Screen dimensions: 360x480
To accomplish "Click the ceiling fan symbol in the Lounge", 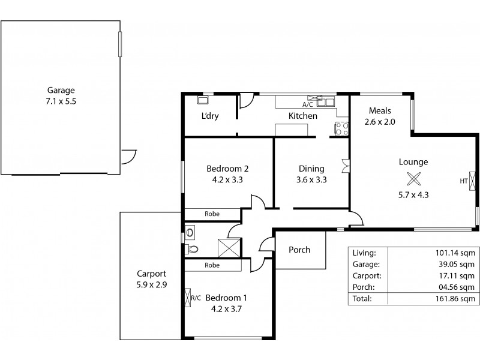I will [413, 178].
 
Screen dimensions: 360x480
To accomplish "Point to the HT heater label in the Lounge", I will [463, 181].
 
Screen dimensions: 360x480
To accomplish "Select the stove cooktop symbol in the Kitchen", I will [341, 127].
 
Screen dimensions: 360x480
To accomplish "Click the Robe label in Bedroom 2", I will [211, 213].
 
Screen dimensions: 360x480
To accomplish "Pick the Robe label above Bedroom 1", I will [211, 265].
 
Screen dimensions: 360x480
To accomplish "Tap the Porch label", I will [299, 250].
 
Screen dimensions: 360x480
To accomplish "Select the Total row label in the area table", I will [362, 298].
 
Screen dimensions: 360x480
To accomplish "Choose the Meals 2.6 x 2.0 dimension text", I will [380, 122].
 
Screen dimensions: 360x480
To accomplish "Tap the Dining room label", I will [311, 169].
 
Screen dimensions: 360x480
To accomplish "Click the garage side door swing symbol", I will [128, 156].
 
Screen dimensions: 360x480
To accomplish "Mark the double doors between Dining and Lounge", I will [344, 166].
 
